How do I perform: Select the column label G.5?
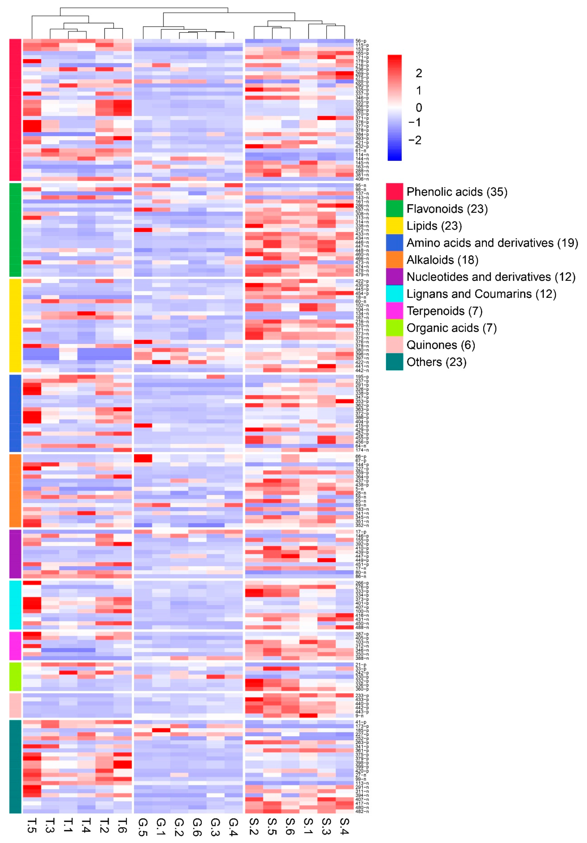coord(143,826)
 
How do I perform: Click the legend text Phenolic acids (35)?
coord(457,192)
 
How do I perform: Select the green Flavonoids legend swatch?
coord(394,208)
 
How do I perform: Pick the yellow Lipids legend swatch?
coord(394,226)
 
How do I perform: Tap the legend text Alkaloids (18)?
coord(442,260)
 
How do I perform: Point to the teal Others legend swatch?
coord(394,362)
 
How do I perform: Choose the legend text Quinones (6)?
coord(440,345)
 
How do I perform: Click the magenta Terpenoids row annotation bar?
coord(15,645)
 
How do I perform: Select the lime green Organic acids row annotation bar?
coord(15,676)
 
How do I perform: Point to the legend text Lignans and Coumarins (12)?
coord(481,294)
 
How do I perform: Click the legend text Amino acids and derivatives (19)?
coord(492,243)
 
